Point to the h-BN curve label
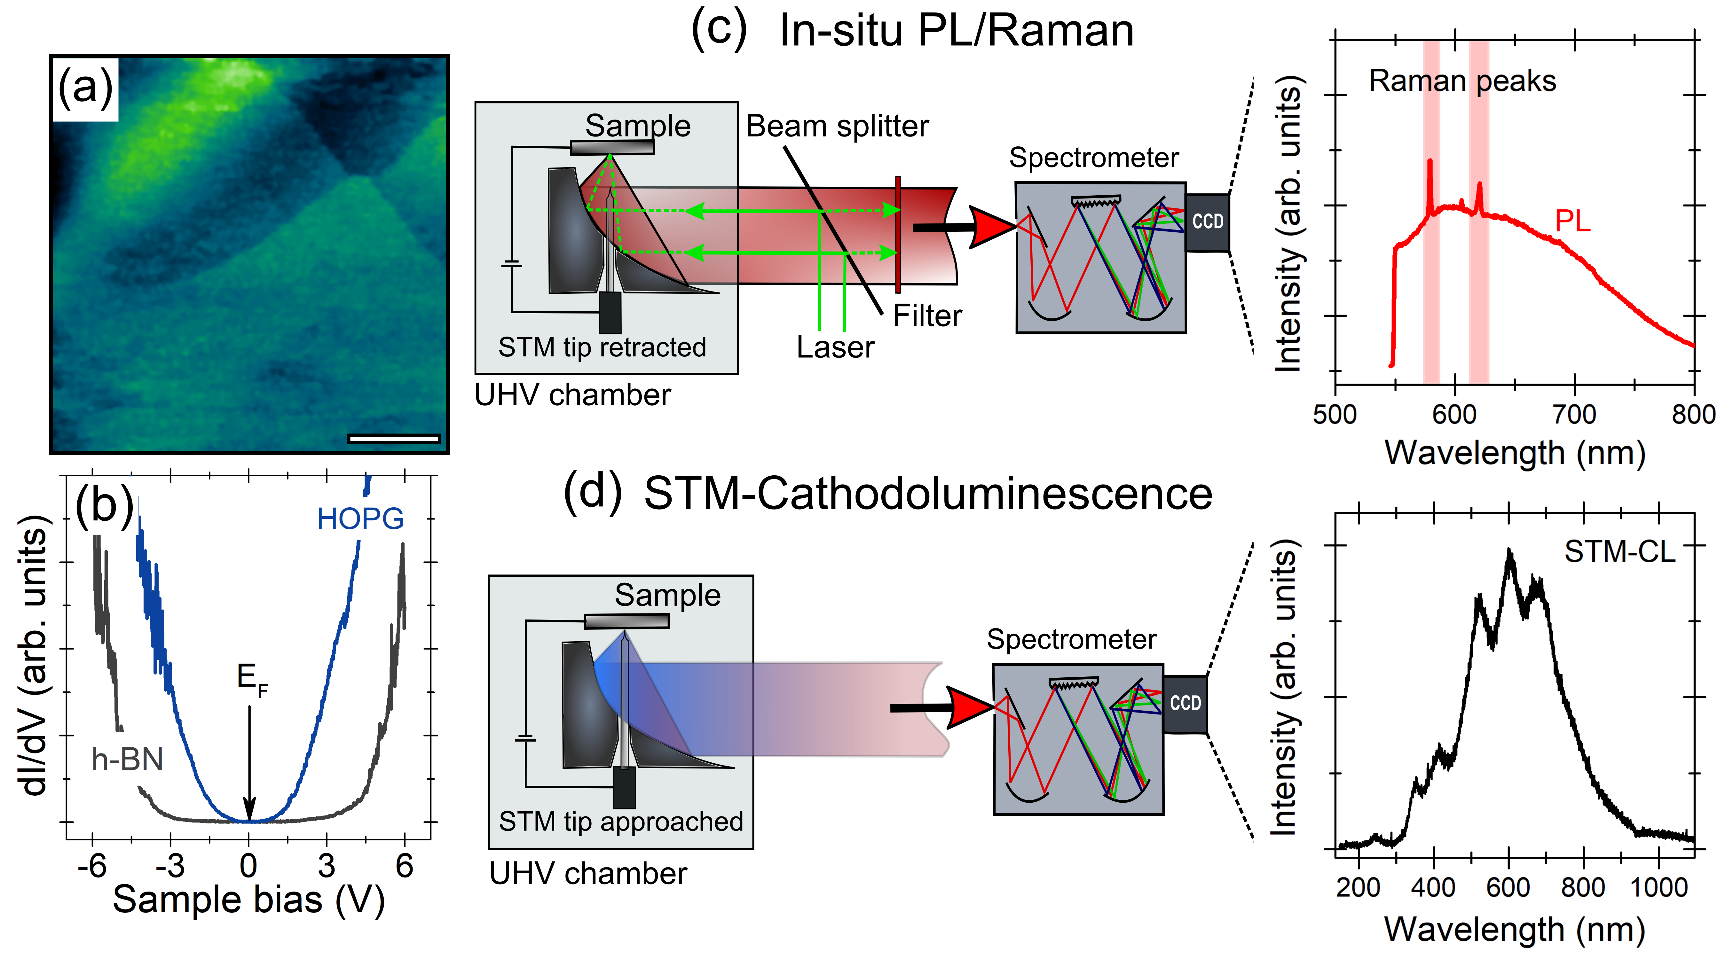click(x=127, y=760)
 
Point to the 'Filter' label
click(x=927, y=316)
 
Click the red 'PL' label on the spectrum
click(x=1572, y=221)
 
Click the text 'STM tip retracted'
click(x=602, y=347)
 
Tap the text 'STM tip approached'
click(x=620, y=821)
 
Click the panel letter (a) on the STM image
click(x=85, y=88)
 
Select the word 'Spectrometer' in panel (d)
click(x=1071, y=639)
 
